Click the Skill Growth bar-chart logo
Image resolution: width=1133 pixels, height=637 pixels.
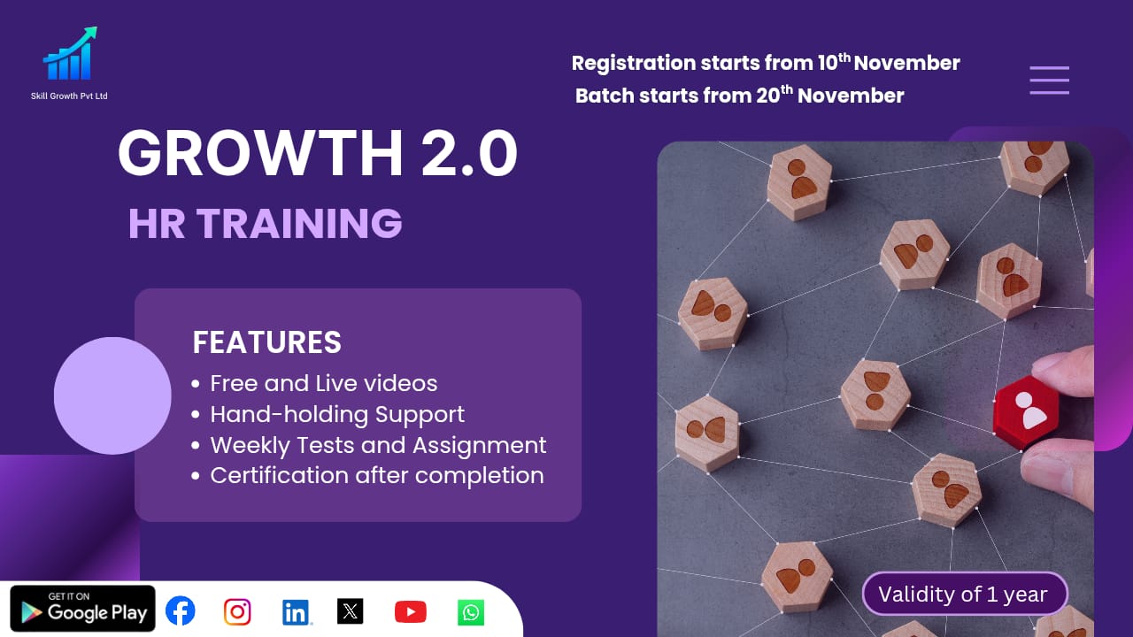click(69, 55)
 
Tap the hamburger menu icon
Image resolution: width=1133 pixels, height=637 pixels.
click(1049, 81)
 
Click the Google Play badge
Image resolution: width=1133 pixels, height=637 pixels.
click(83, 609)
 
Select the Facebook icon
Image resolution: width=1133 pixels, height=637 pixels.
click(181, 610)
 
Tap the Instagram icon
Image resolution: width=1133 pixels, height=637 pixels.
click(237, 611)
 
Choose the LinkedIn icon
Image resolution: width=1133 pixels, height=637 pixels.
click(296, 611)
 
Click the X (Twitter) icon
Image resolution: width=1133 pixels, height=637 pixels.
click(351, 611)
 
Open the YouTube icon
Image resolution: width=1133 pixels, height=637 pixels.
click(410, 611)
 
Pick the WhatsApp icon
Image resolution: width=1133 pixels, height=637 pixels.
click(471, 612)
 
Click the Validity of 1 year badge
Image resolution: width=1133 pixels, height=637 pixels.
click(965, 595)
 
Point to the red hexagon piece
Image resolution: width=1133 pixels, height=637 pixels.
click(1027, 412)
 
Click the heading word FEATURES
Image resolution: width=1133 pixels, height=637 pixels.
click(266, 342)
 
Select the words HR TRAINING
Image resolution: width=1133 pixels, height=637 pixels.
click(266, 224)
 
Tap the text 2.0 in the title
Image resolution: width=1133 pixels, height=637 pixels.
click(469, 154)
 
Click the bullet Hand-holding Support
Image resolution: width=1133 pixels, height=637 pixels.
click(336, 414)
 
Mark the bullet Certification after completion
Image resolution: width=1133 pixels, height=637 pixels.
click(376, 475)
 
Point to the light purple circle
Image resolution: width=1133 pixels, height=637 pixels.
click(112, 395)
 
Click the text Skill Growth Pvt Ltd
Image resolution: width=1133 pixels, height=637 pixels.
click(69, 96)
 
